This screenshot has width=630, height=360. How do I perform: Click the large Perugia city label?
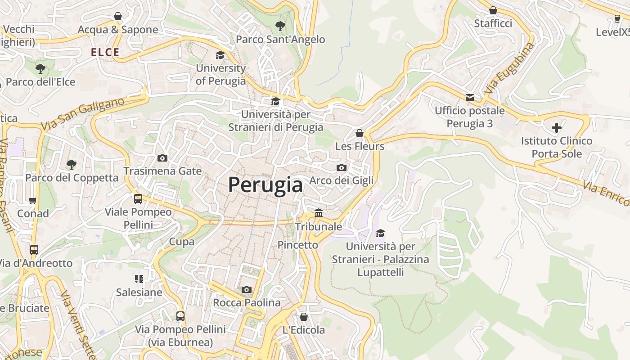point(265,184)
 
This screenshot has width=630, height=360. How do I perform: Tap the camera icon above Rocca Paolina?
point(247,289)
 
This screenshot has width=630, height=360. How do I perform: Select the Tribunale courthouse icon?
point(319,213)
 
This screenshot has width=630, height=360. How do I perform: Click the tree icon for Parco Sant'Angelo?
point(280,26)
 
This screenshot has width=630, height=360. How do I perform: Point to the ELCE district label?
point(105,52)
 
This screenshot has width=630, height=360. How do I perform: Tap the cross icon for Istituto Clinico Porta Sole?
point(557,128)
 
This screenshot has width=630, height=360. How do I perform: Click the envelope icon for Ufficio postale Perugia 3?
point(470,97)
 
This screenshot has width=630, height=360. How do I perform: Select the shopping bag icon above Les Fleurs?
point(359,133)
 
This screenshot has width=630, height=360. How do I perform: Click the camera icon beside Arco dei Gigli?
point(342,167)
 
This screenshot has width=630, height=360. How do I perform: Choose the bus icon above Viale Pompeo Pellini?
point(138,198)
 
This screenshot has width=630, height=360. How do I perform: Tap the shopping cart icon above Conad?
point(32,200)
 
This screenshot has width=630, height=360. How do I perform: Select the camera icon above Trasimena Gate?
point(162,158)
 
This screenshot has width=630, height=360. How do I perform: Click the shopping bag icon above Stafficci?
point(493,10)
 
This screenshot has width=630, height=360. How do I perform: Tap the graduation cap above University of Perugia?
point(220,55)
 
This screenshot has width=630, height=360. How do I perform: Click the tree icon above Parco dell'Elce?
point(40,69)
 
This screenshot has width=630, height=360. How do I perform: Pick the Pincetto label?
point(297,245)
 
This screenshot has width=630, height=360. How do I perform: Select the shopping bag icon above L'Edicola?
point(304,317)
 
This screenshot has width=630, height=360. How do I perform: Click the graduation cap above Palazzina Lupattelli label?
point(381,233)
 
